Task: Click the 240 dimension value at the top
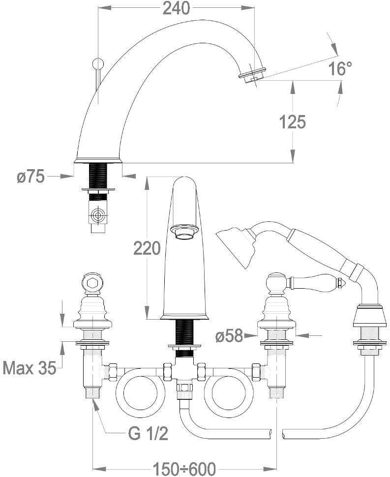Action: [177, 8]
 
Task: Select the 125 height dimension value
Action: [293, 121]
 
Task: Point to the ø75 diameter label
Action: [30, 176]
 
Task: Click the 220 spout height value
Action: [147, 248]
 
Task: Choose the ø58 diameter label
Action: [229, 336]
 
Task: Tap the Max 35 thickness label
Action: [30, 367]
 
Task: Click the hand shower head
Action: [236, 246]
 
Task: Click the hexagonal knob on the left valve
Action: [92, 284]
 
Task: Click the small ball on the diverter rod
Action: [98, 63]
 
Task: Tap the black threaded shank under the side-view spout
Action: [98, 175]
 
